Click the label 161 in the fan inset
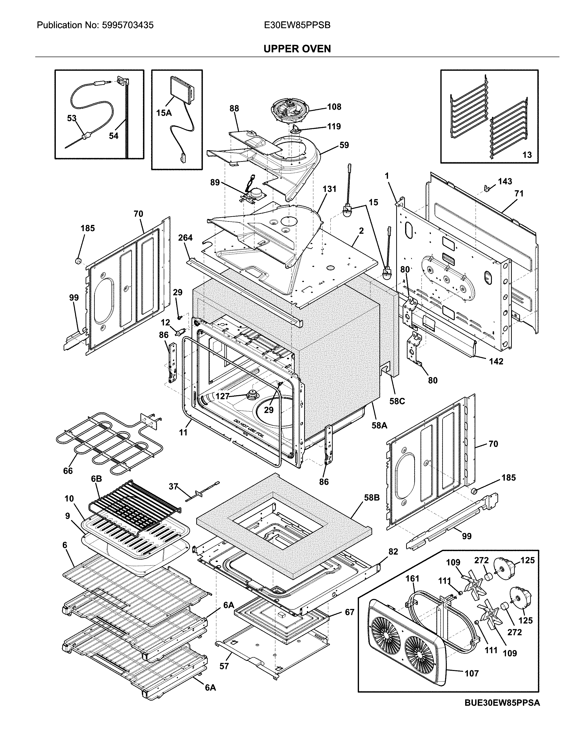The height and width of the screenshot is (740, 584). pos(412,578)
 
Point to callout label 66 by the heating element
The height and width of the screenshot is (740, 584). pos(68,471)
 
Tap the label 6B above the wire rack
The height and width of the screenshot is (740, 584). pos(97,479)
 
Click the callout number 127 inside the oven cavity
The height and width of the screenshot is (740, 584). pos(222,396)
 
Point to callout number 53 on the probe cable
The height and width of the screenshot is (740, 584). pos(71,118)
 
